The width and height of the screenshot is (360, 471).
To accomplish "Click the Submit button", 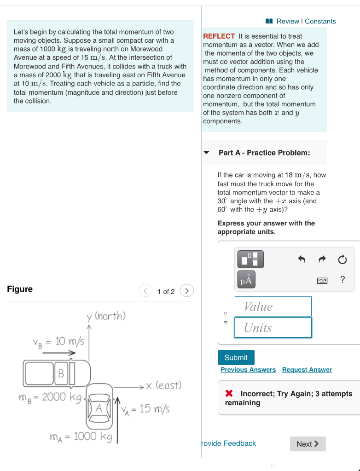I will [236, 357].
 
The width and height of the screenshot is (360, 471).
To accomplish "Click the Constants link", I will [320, 21].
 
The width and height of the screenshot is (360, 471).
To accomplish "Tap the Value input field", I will [273, 307].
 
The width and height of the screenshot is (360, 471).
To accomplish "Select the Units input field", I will [273, 328].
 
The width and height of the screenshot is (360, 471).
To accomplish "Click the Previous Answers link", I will [248, 370].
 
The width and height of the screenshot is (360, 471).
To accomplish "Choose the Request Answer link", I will [307, 370].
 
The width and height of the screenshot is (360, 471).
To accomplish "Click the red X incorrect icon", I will [229, 394].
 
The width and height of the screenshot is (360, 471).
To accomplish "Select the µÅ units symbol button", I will [246, 280].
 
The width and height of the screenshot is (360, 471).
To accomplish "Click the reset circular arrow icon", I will [342, 260].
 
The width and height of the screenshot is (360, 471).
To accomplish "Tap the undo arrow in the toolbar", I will [302, 260].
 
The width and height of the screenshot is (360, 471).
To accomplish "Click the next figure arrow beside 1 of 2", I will [187, 291].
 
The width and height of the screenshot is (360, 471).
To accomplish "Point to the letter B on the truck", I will [61, 373].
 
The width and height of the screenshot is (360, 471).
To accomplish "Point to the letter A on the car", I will [99, 407].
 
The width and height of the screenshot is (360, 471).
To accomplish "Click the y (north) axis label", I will [106, 316].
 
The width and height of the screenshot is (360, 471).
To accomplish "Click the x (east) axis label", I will [163, 385].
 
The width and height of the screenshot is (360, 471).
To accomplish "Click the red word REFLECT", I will [219, 36].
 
